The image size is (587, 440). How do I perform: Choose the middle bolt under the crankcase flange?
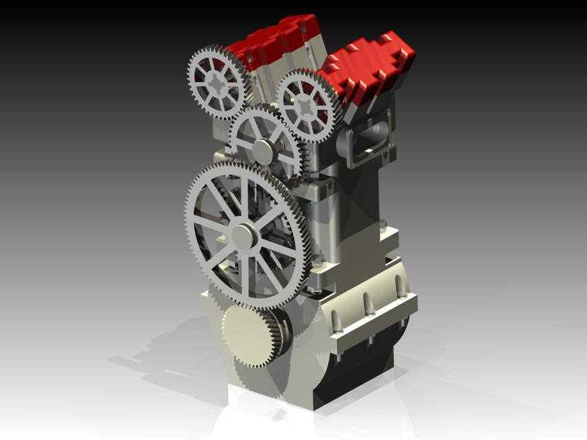coord(370,341)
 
